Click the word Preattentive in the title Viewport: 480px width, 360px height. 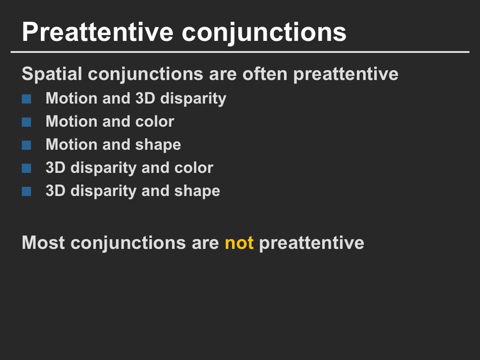(98, 32)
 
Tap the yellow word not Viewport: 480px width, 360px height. (239, 243)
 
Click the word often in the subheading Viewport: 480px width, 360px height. (264, 73)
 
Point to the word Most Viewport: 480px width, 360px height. (43, 243)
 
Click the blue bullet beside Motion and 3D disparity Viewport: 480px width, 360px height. (26, 99)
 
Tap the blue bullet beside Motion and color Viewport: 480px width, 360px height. (26, 122)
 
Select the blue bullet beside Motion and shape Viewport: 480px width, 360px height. (26, 145)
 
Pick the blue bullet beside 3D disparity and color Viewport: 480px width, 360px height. (26, 168)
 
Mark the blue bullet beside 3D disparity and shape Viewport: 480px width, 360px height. (26, 191)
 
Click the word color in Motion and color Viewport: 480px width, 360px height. (155, 121)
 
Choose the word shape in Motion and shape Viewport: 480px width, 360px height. (158, 145)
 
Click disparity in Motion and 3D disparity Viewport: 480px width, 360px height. (193, 98)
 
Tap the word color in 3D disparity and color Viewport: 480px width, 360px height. (194, 168)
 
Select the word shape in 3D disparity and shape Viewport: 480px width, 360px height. (197, 191)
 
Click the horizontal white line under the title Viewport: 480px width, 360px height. (240, 52)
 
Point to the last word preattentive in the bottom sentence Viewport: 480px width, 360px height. (312, 243)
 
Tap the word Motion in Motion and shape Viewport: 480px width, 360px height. (71, 144)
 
